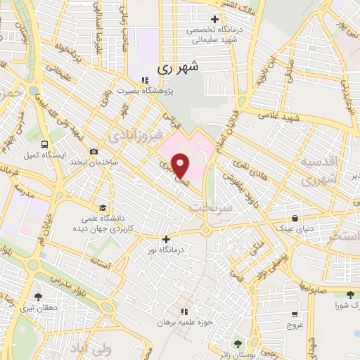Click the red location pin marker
(181, 165)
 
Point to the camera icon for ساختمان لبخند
(94, 151)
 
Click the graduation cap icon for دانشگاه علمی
(103, 207)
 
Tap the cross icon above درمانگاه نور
(166, 239)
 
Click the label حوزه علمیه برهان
(184, 322)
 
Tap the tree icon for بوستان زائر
(237, 343)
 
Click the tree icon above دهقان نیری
(37, 297)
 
